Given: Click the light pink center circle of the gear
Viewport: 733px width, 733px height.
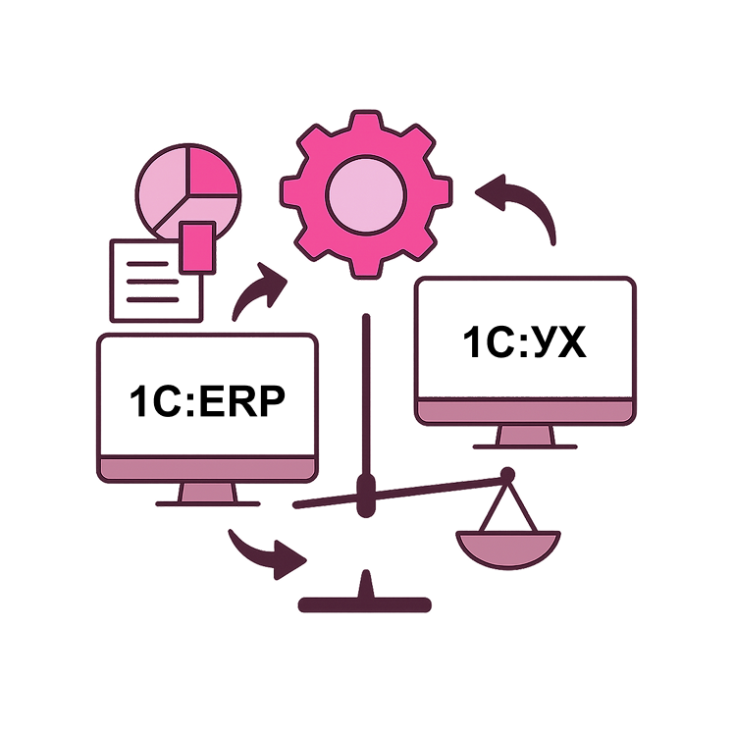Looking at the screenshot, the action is pyautogui.click(x=365, y=192).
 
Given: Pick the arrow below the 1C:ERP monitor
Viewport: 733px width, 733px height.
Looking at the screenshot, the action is pyautogui.click(x=268, y=555).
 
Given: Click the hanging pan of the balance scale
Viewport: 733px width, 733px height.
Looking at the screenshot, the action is pyautogui.click(x=507, y=549).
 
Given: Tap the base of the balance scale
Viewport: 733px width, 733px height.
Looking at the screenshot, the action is pyautogui.click(x=366, y=602).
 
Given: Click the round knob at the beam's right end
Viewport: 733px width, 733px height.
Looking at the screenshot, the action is pyautogui.click(x=507, y=476).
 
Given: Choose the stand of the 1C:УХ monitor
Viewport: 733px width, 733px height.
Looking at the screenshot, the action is pyautogui.click(x=525, y=437).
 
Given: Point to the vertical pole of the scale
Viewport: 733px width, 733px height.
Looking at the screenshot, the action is pyautogui.click(x=366, y=393).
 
